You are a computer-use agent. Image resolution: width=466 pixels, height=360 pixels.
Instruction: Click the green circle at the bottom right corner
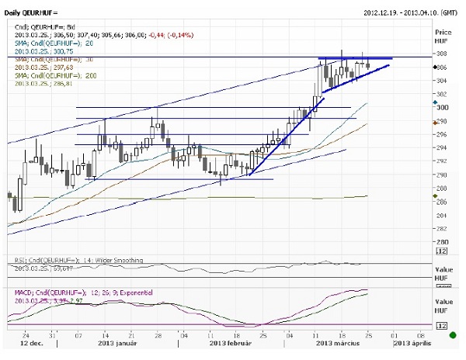pos(453,335)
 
